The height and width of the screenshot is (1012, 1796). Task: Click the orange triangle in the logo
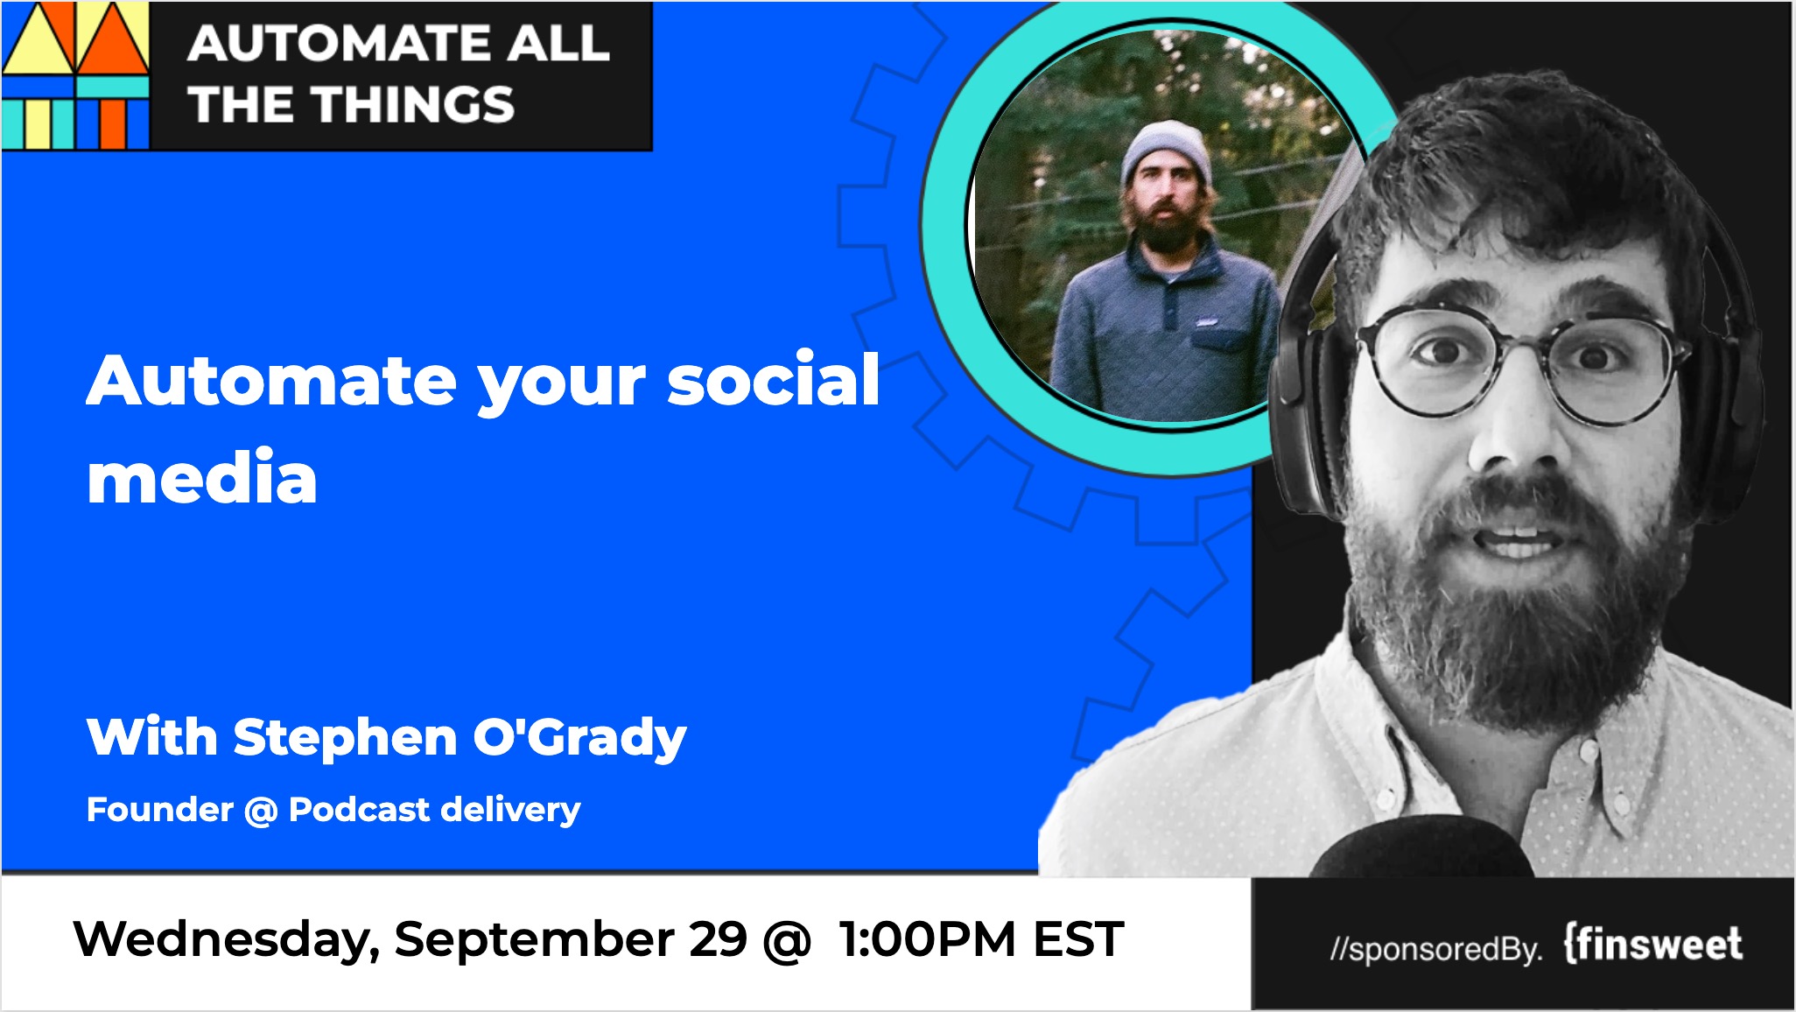click(112, 39)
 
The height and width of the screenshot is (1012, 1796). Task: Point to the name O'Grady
click(579, 737)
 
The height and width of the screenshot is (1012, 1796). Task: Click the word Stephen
click(345, 738)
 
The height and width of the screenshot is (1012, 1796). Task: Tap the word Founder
click(160, 809)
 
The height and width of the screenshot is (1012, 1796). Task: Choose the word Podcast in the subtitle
click(359, 809)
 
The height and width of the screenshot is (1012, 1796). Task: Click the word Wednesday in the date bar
click(227, 940)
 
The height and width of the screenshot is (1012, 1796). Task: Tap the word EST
click(1078, 939)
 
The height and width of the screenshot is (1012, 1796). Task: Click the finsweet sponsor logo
click(1652, 944)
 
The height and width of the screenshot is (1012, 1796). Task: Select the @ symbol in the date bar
click(787, 941)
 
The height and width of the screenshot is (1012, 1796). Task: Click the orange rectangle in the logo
click(113, 125)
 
